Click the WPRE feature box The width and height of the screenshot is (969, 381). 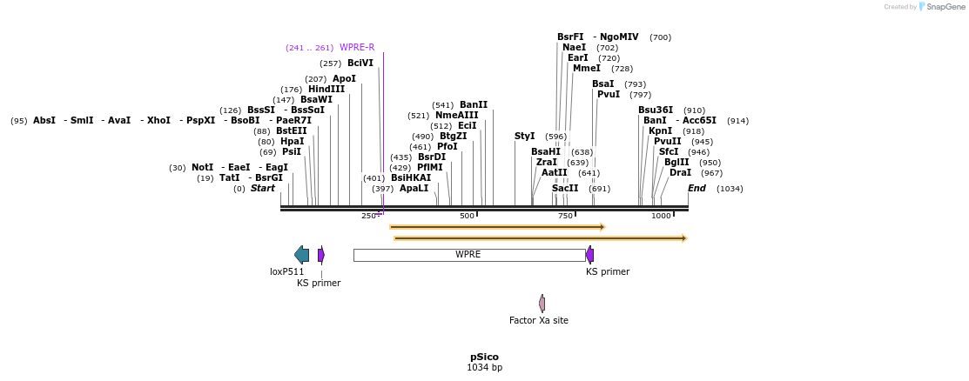(x=468, y=255)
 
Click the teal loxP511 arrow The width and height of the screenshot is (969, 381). (x=301, y=255)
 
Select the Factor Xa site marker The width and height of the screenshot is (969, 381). (x=542, y=304)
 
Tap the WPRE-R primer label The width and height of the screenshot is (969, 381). (x=357, y=48)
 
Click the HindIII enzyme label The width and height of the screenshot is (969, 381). (x=326, y=90)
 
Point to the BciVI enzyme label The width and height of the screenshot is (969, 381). (x=360, y=63)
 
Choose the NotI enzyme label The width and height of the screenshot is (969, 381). (x=202, y=168)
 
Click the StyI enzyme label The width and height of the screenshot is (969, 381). (x=525, y=137)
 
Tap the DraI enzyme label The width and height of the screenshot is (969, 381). (x=680, y=173)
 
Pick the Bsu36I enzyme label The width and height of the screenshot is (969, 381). (x=656, y=110)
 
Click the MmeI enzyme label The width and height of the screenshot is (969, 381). (x=587, y=69)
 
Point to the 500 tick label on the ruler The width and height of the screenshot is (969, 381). (x=467, y=216)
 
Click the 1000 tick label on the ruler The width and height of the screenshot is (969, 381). (x=661, y=216)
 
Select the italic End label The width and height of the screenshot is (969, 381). (x=696, y=189)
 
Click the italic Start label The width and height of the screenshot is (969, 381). (x=263, y=189)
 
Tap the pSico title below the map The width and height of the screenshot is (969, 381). (x=484, y=357)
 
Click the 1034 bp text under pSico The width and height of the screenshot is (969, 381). (x=484, y=368)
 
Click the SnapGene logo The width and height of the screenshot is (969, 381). (x=941, y=7)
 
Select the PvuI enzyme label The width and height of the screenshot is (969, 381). (x=609, y=95)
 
